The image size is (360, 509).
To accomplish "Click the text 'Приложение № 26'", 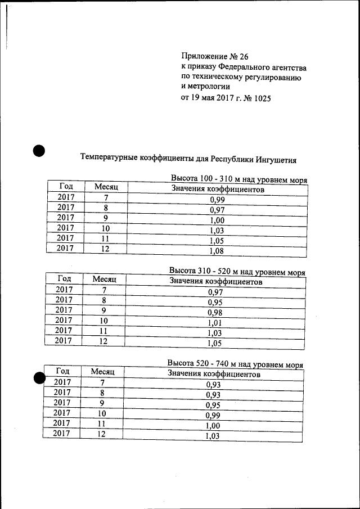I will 214,57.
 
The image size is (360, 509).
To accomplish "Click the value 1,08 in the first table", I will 217,251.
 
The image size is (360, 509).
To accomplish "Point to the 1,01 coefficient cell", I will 215,323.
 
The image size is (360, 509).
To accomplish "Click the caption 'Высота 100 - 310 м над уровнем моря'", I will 238,179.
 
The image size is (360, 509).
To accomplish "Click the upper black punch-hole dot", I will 38,151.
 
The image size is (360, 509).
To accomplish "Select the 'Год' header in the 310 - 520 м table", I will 64,278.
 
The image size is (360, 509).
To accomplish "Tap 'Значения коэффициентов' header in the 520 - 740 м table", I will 214,373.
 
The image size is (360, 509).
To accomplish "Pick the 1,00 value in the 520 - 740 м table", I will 213,426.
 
